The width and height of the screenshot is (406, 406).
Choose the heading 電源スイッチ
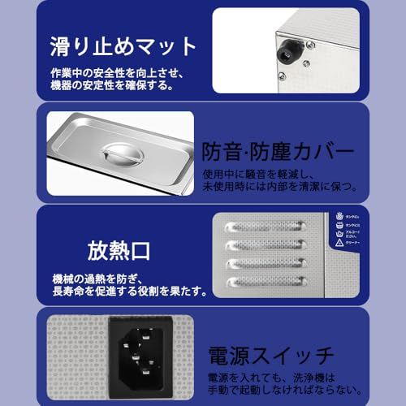[x=275, y=356]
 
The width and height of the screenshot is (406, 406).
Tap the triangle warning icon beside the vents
[x=335, y=242]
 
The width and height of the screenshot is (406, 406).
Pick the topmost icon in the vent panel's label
[x=335, y=216]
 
